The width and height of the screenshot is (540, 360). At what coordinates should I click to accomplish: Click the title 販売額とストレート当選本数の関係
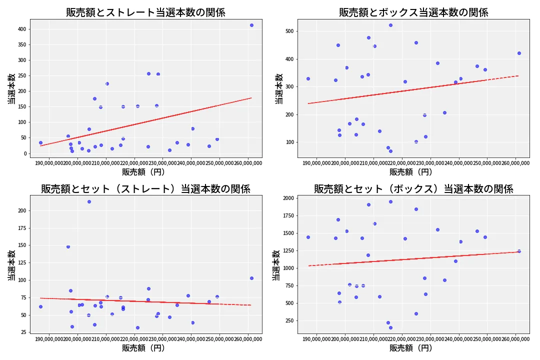click(145, 12)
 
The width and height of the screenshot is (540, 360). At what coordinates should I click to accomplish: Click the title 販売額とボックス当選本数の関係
click(413, 12)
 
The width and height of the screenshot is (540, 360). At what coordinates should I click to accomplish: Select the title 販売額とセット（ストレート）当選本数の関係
click(145, 189)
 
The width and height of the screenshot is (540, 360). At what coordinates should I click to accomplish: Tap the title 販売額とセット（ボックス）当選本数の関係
click(413, 189)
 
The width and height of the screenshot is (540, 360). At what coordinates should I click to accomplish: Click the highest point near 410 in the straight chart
click(251, 25)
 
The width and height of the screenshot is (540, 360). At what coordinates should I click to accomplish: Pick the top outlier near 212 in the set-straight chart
click(89, 201)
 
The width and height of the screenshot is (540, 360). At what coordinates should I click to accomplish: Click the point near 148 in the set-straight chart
click(68, 246)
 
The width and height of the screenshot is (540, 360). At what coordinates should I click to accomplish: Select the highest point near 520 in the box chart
click(390, 25)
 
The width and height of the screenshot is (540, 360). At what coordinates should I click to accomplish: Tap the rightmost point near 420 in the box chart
click(519, 53)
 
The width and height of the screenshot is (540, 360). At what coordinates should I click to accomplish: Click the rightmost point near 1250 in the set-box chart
click(519, 251)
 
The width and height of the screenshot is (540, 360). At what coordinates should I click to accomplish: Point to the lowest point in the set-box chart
click(390, 327)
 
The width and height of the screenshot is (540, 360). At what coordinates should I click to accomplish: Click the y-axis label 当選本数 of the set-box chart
click(276, 264)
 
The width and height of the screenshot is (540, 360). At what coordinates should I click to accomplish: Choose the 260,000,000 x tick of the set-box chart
click(515, 339)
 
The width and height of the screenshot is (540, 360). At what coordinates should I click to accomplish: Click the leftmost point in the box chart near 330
click(308, 78)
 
